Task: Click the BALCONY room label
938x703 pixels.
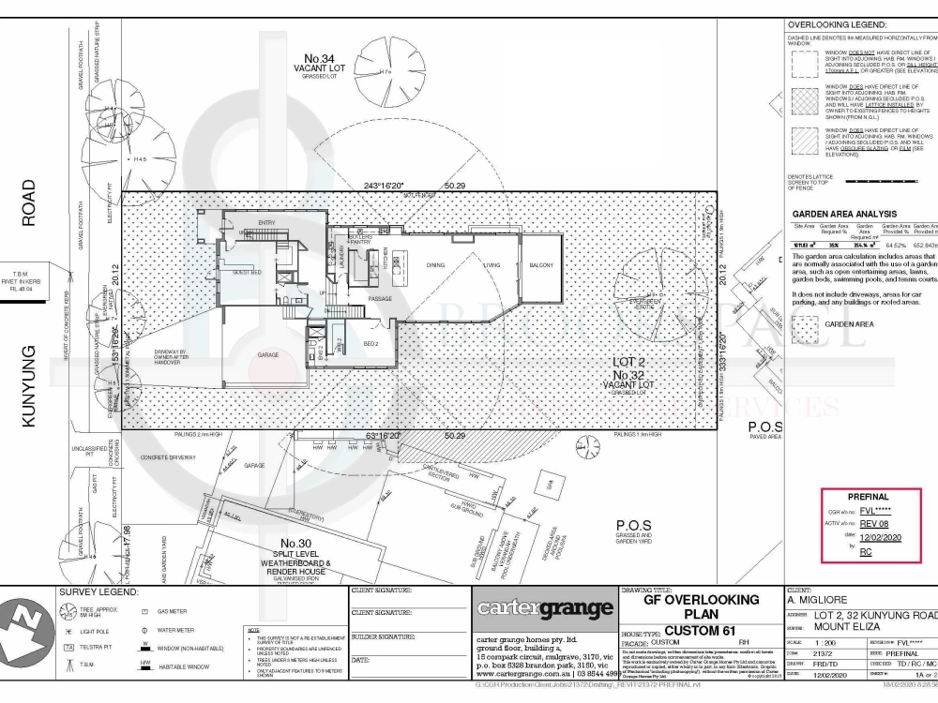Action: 540,266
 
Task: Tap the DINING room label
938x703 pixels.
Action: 435,266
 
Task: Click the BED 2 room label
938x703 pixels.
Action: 370,343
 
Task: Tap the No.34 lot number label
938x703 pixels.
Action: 314,59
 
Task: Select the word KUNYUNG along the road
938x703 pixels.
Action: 28,386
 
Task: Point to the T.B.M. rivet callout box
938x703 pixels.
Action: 35,281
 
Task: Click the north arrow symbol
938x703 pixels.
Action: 26,642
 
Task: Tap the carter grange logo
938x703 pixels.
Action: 544,608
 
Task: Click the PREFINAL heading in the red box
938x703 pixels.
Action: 868,497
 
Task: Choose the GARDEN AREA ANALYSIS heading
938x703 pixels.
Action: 844,214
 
